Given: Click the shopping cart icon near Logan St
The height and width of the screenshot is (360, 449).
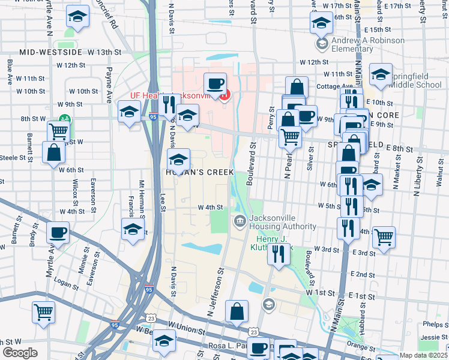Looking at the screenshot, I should click(x=43, y=312).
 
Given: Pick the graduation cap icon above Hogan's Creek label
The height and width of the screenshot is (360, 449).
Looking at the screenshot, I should click(x=178, y=161).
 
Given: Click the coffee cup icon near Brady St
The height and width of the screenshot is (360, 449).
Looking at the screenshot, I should click(x=58, y=232).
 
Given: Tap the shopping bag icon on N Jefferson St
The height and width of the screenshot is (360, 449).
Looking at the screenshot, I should click(x=237, y=311).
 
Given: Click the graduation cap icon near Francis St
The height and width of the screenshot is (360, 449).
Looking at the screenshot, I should click(x=133, y=229).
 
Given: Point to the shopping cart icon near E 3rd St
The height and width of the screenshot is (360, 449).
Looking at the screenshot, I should click(x=383, y=237).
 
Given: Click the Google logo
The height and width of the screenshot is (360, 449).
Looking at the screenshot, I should click(x=20, y=353).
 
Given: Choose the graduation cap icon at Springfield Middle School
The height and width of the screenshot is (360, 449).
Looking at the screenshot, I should click(x=381, y=74).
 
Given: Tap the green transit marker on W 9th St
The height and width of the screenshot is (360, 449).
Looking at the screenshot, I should click(x=62, y=120).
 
